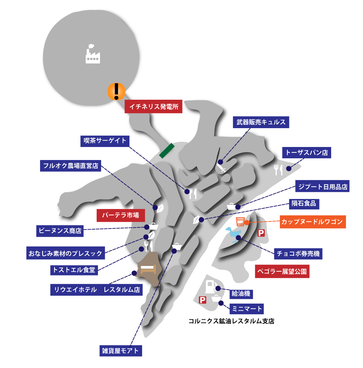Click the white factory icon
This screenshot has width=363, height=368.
(x=93, y=54)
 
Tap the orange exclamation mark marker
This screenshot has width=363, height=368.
(x=116, y=91)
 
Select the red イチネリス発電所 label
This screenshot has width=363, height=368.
(x=153, y=107)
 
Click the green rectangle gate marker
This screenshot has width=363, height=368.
(x=167, y=151)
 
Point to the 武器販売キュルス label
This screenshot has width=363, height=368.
(x=261, y=122)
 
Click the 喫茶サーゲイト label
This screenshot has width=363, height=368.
(x=105, y=141)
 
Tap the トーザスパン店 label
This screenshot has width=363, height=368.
(x=306, y=152)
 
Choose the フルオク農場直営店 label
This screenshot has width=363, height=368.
(x=70, y=166)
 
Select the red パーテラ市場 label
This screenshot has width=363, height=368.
(x=121, y=215)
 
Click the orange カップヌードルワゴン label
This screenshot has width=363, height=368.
(x=313, y=222)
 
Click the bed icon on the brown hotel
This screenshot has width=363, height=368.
(x=148, y=269)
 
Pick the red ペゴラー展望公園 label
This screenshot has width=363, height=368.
(x=282, y=271)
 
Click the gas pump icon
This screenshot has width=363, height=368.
(x=211, y=286)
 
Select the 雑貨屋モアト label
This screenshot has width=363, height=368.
(x=121, y=351)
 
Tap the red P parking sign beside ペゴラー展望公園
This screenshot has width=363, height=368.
(x=261, y=233)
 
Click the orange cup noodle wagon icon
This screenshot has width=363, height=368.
(x=240, y=222)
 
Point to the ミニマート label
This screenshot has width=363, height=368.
(x=247, y=309)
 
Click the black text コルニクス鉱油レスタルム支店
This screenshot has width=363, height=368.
(x=231, y=321)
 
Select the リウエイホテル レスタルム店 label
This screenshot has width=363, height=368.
(x=96, y=290)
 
